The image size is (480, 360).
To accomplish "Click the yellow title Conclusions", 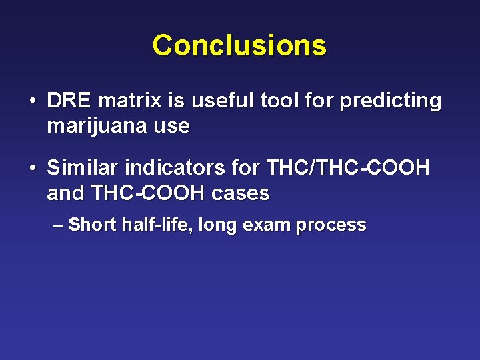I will click(239, 45).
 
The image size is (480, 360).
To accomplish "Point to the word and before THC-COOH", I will click(65, 193).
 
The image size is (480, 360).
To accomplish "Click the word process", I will click(331, 225).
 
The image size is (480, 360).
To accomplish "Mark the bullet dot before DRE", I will click(32, 102).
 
